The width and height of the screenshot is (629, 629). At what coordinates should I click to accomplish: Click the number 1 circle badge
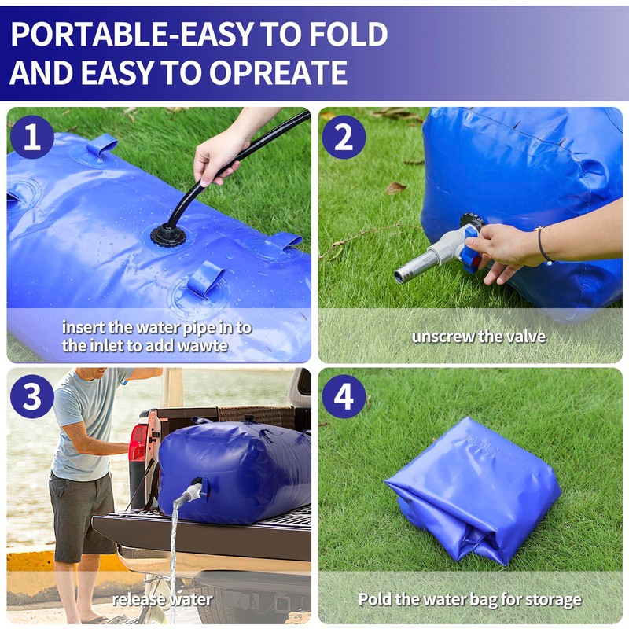coord(32,137)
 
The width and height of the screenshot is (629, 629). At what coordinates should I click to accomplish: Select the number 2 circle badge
coord(344,137)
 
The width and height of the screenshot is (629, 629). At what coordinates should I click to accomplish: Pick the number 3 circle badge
coord(32,396)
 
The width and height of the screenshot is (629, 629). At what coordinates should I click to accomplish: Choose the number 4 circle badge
coord(344,396)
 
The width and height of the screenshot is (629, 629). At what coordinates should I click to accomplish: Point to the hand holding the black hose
coord(218,153)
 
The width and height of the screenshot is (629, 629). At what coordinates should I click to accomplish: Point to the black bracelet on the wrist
coord(542,244)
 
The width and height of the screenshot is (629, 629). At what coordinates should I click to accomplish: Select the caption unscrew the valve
coord(478,337)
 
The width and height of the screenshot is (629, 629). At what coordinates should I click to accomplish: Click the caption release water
coord(161,599)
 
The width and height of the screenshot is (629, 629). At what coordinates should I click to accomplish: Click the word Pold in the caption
coord(374,599)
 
